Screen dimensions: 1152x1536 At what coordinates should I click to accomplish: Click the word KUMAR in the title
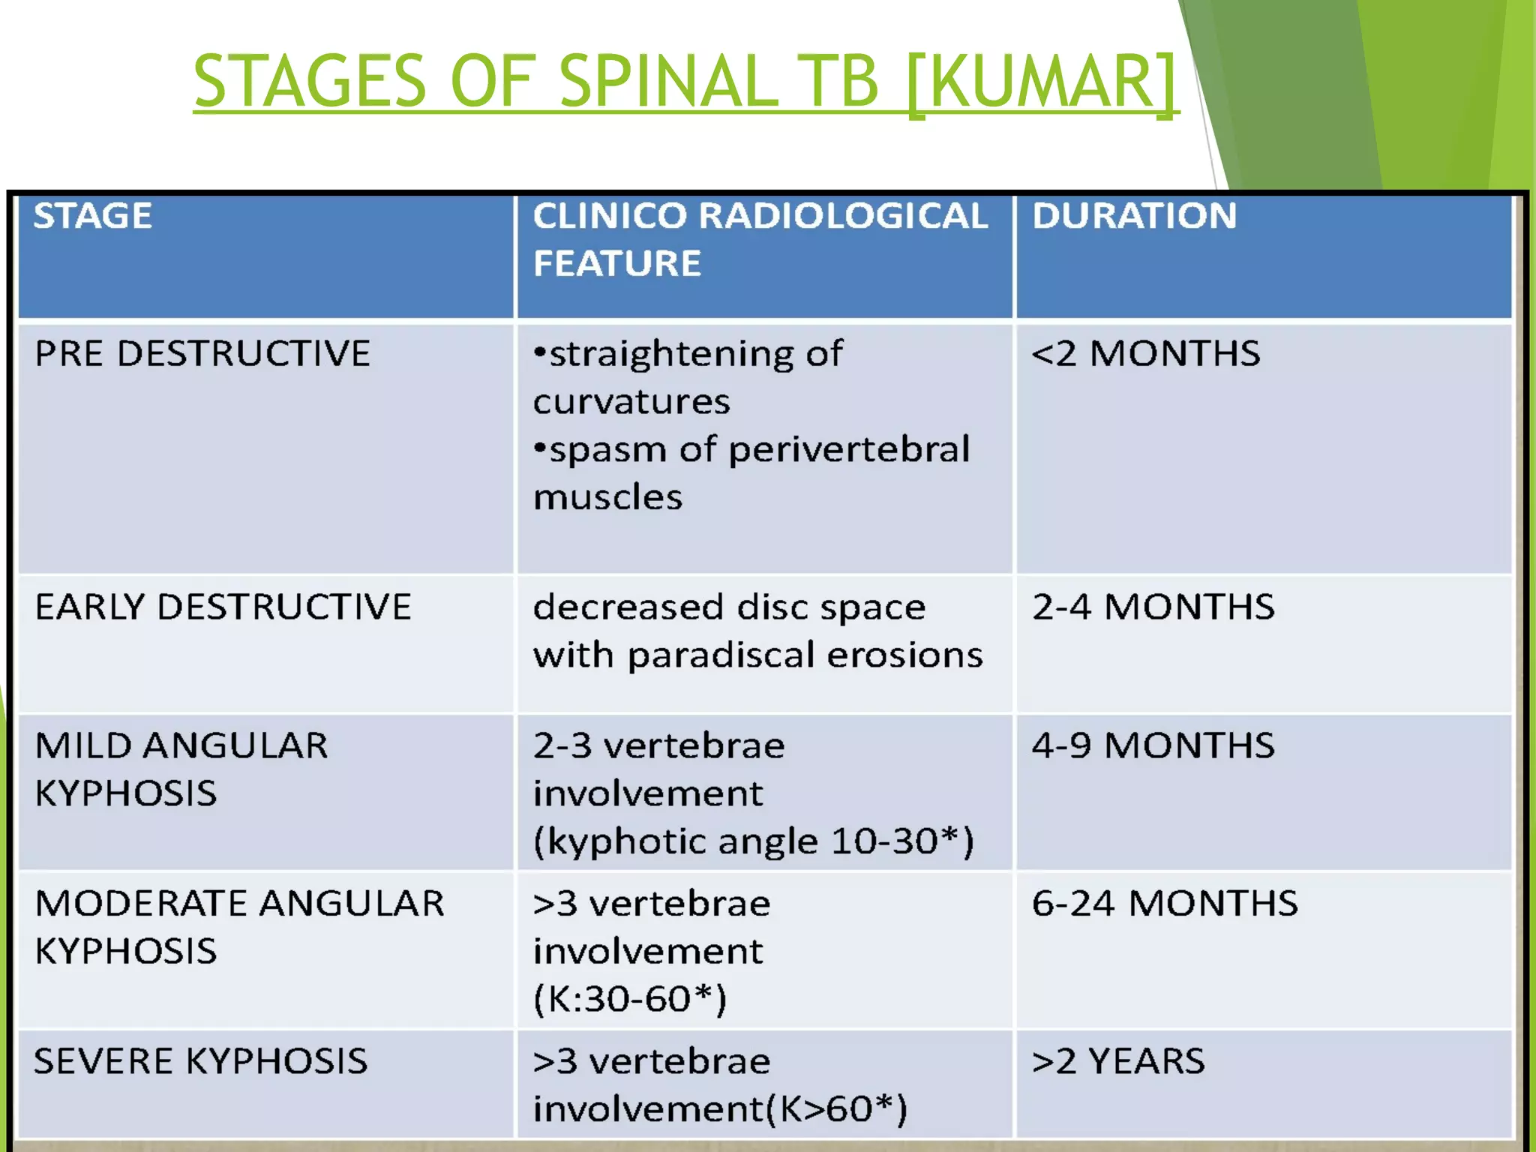[1041, 81]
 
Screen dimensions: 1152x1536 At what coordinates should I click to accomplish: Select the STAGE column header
[93, 217]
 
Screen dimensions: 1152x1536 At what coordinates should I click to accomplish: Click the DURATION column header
[1134, 217]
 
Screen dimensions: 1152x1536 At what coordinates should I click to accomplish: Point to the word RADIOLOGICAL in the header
[843, 217]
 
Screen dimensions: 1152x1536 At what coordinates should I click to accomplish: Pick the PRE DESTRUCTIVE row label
[202, 354]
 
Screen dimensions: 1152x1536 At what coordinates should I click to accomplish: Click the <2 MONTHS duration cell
[1146, 354]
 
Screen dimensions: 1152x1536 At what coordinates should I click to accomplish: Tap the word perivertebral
[849, 450]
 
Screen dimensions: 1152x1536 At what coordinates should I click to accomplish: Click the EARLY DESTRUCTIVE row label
[223, 607]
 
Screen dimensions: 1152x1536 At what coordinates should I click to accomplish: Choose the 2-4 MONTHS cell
[1153, 607]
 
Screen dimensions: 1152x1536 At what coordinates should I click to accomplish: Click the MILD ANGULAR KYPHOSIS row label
[181, 769]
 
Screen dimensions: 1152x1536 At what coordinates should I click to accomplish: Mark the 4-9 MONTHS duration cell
[1153, 746]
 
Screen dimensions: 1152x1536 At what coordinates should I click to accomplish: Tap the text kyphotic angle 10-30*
[753, 841]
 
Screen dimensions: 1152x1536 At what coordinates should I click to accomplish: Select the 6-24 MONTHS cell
[1165, 904]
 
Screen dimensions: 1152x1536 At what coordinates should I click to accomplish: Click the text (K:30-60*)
[630, 1000]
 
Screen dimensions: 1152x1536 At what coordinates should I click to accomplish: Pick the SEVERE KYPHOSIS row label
[201, 1062]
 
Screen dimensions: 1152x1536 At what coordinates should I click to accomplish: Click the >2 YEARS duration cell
[1118, 1062]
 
